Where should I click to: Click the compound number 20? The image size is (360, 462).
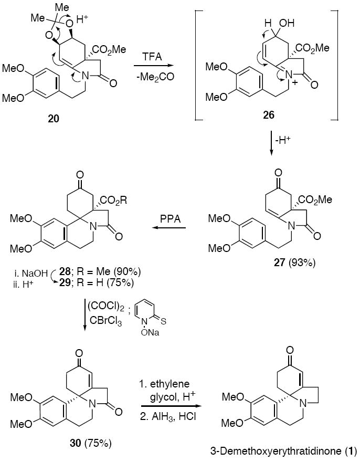coord(53,119)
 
